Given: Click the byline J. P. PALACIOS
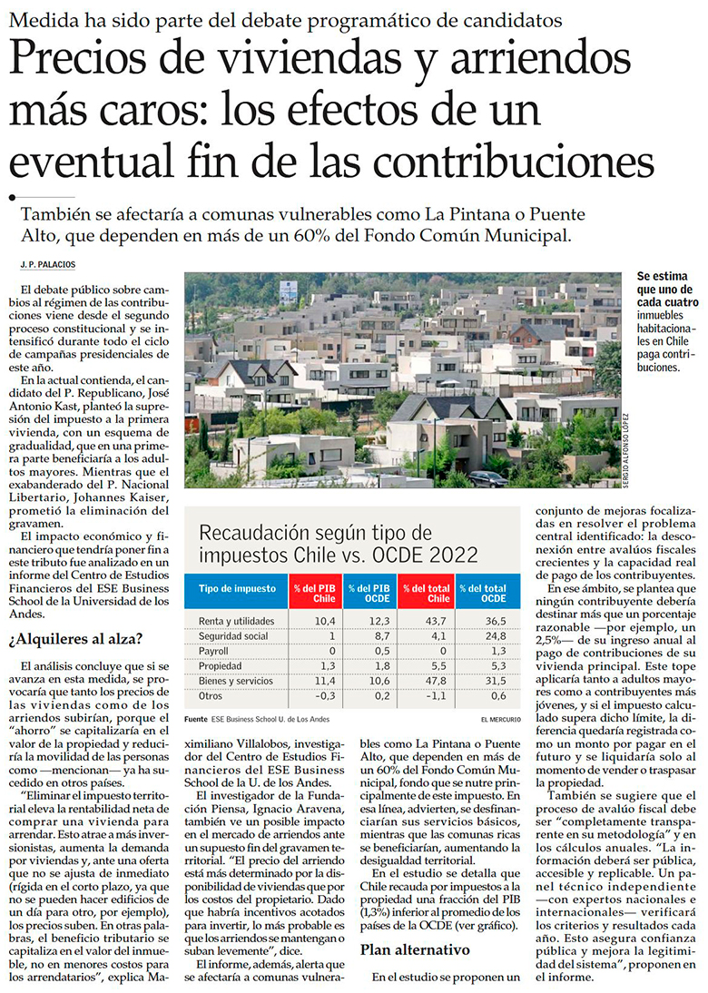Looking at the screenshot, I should click(48, 263).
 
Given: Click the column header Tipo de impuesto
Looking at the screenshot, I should click(237, 588).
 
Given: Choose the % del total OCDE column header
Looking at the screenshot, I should click(481, 594).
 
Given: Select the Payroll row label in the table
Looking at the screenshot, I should click(214, 651).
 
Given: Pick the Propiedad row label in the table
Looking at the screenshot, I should click(220, 665).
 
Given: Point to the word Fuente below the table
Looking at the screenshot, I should click(195, 720).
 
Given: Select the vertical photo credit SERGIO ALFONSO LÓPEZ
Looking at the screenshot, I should click(626, 450).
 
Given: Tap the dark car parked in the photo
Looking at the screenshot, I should click(487, 477).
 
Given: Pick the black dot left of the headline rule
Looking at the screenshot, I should click(12, 196).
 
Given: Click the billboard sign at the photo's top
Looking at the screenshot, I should click(288, 290).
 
